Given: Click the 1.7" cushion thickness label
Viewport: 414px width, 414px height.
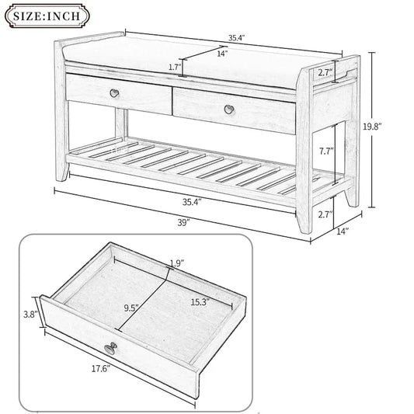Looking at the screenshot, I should tap(174, 68).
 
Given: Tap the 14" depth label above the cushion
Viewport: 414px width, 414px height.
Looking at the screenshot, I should tap(221, 54).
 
